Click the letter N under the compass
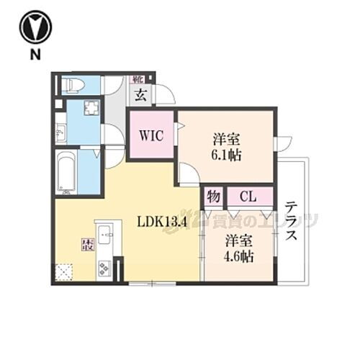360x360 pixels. (x=32, y=55)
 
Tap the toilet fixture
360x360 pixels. (x=73, y=86)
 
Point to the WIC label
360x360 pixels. (x=151, y=135)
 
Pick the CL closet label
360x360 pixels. (x=247, y=196)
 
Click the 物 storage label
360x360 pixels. (x=214, y=196)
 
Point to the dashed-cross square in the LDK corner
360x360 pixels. (x=65, y=273)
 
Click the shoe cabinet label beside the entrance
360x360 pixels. (x=138, y=78)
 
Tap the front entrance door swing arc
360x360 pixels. (x=166, y=95)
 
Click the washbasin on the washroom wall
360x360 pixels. (x=60, y=133)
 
